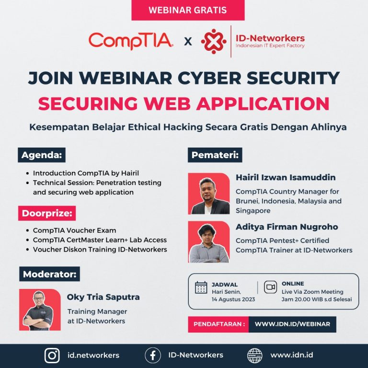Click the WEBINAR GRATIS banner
(188, 10)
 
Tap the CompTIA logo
(131, 41)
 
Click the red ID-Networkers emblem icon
(213, 41)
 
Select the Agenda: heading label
(43, 155)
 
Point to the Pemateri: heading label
(215, 155)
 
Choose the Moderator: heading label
(50, 274)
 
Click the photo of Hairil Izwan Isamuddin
(209, 193)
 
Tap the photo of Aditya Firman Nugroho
(209, 241)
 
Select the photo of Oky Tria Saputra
(40, 310)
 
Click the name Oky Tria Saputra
(103, 297)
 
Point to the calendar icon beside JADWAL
(201, 287)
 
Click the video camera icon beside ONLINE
(270, 287)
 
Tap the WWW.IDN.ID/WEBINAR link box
(292, 324)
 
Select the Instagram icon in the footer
(52, 355)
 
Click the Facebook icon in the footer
(152, 355)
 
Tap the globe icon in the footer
(254, 355)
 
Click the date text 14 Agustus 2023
(233, 299)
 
